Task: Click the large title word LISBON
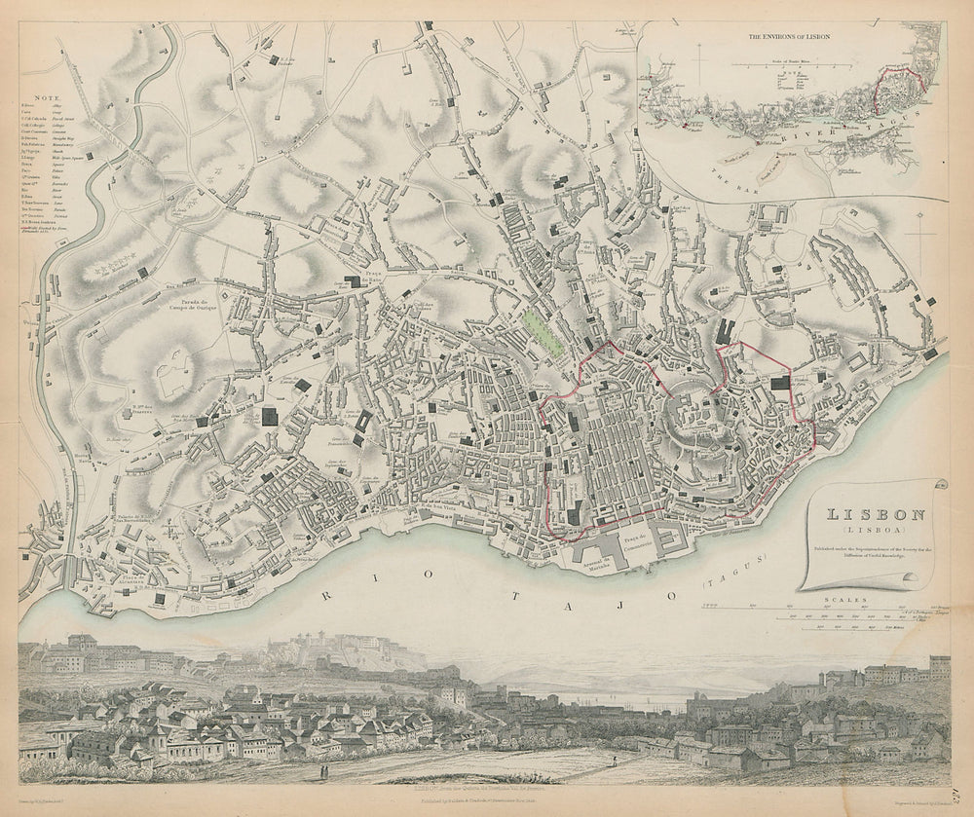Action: [x=864, y=516]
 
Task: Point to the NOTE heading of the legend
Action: [x=44, y=97]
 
